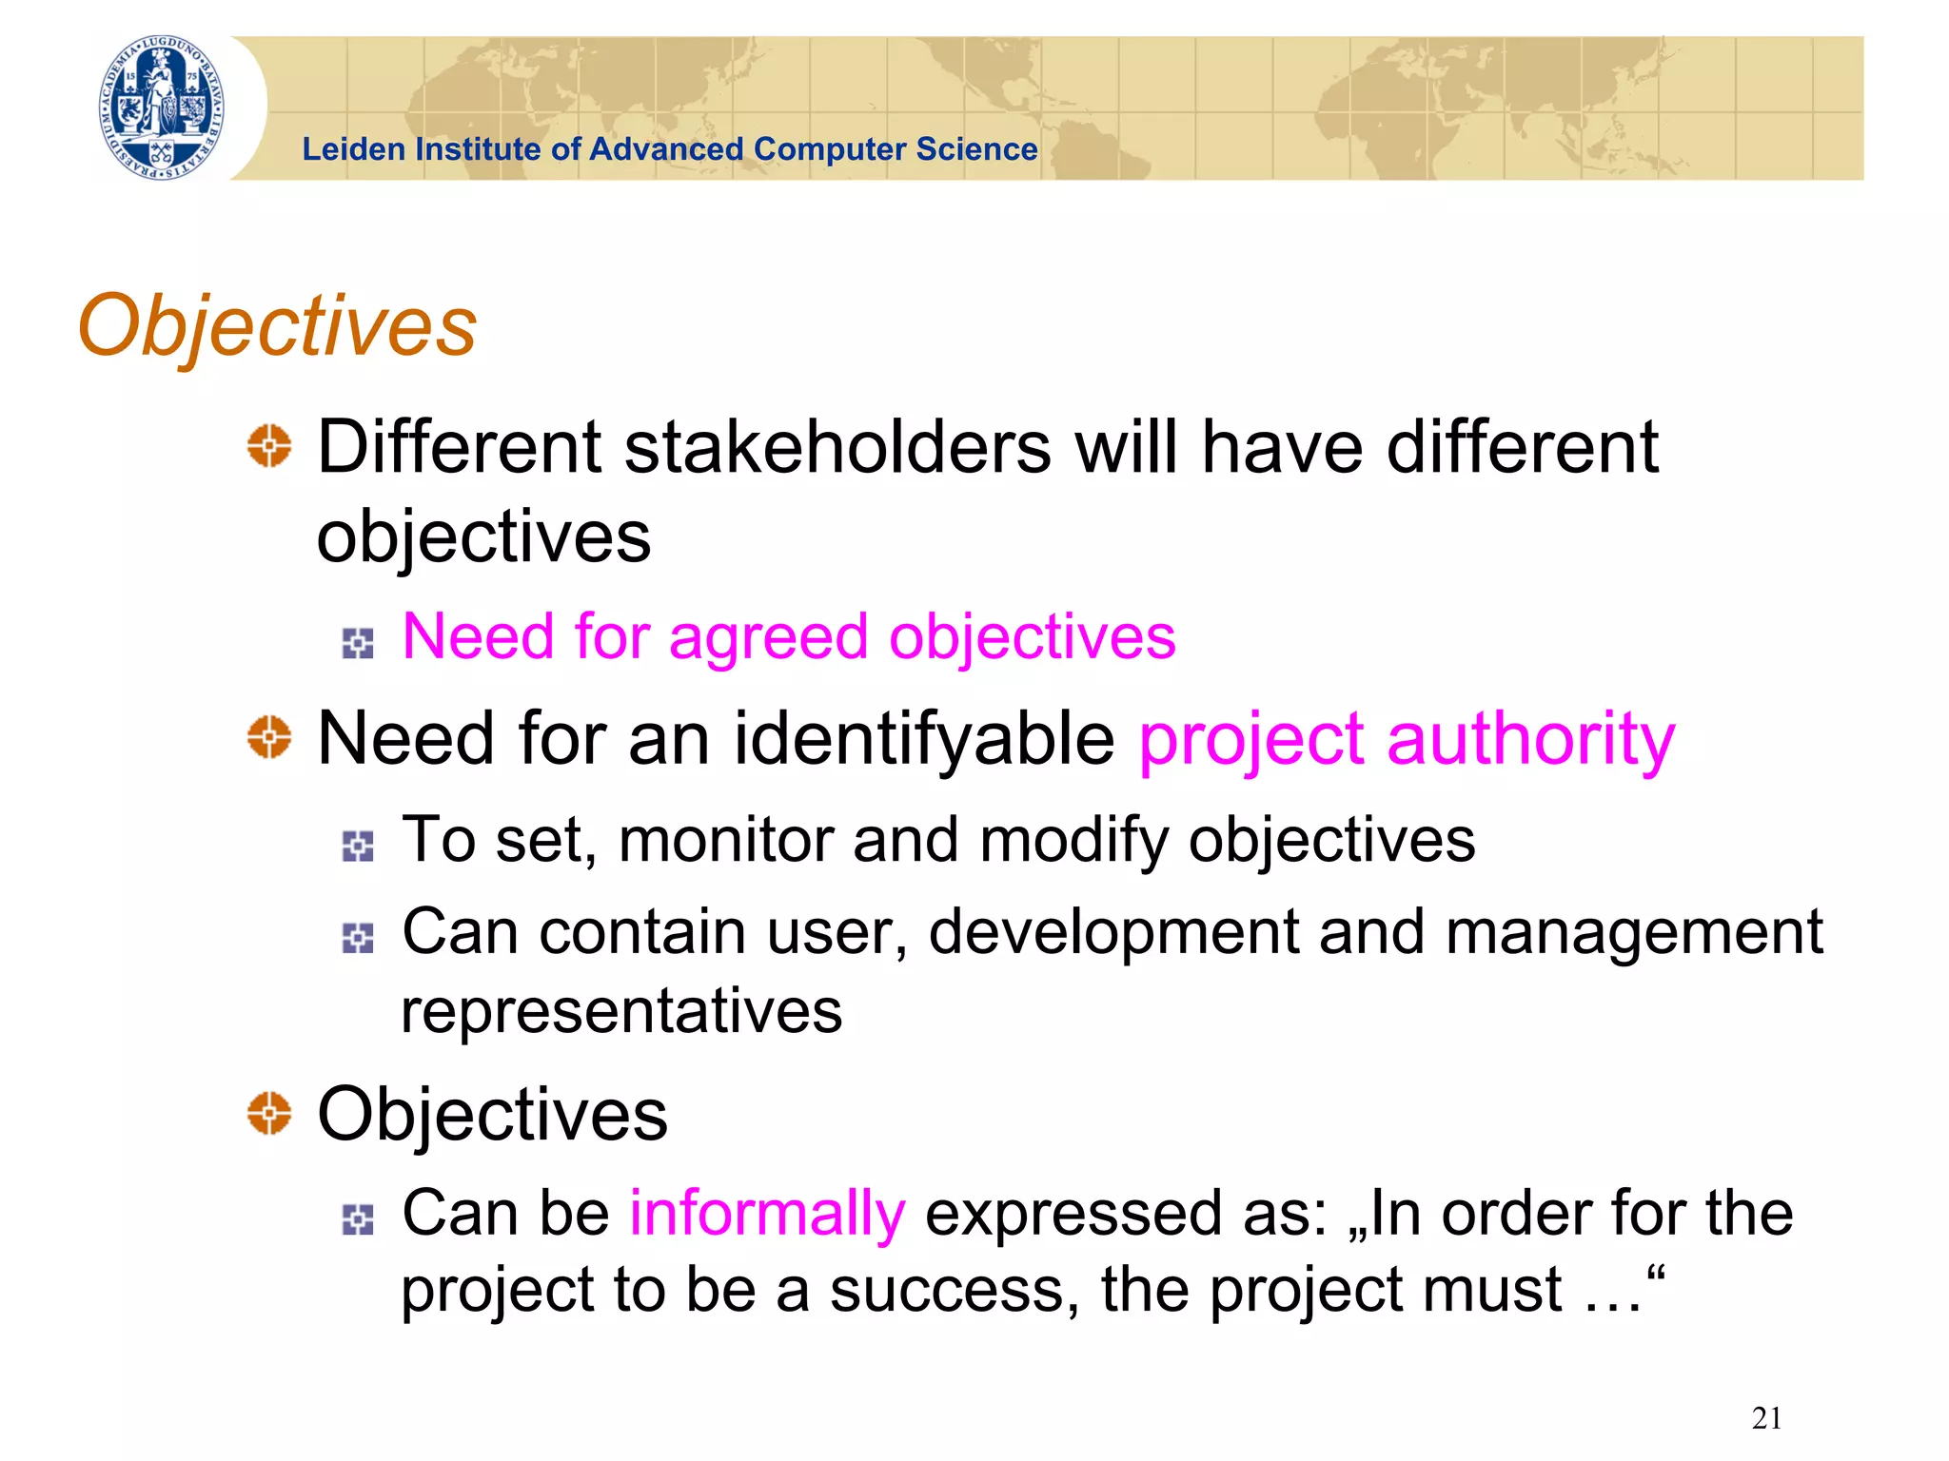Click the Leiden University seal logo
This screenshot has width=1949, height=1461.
pos(163,107)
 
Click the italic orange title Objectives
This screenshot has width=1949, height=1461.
pos(277,326)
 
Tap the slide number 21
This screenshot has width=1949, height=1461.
pos(1766,1418)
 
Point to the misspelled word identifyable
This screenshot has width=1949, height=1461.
pos(923,739)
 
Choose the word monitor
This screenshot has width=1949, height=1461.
pos(725,841)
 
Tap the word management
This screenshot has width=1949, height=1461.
pos(1633,932)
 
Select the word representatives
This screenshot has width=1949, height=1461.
pos(621,1010)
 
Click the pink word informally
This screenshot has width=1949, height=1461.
pos(767,1214)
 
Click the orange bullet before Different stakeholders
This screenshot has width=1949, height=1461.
pos(269,446)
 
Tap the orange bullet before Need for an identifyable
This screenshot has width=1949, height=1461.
pos(269,737)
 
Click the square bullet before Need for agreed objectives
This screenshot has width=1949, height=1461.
pos(358,644)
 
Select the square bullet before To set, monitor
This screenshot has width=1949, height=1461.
pos(358,846)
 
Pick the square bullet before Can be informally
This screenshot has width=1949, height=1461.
pos(358,1219)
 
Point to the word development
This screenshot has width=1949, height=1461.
pos(1113,932)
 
